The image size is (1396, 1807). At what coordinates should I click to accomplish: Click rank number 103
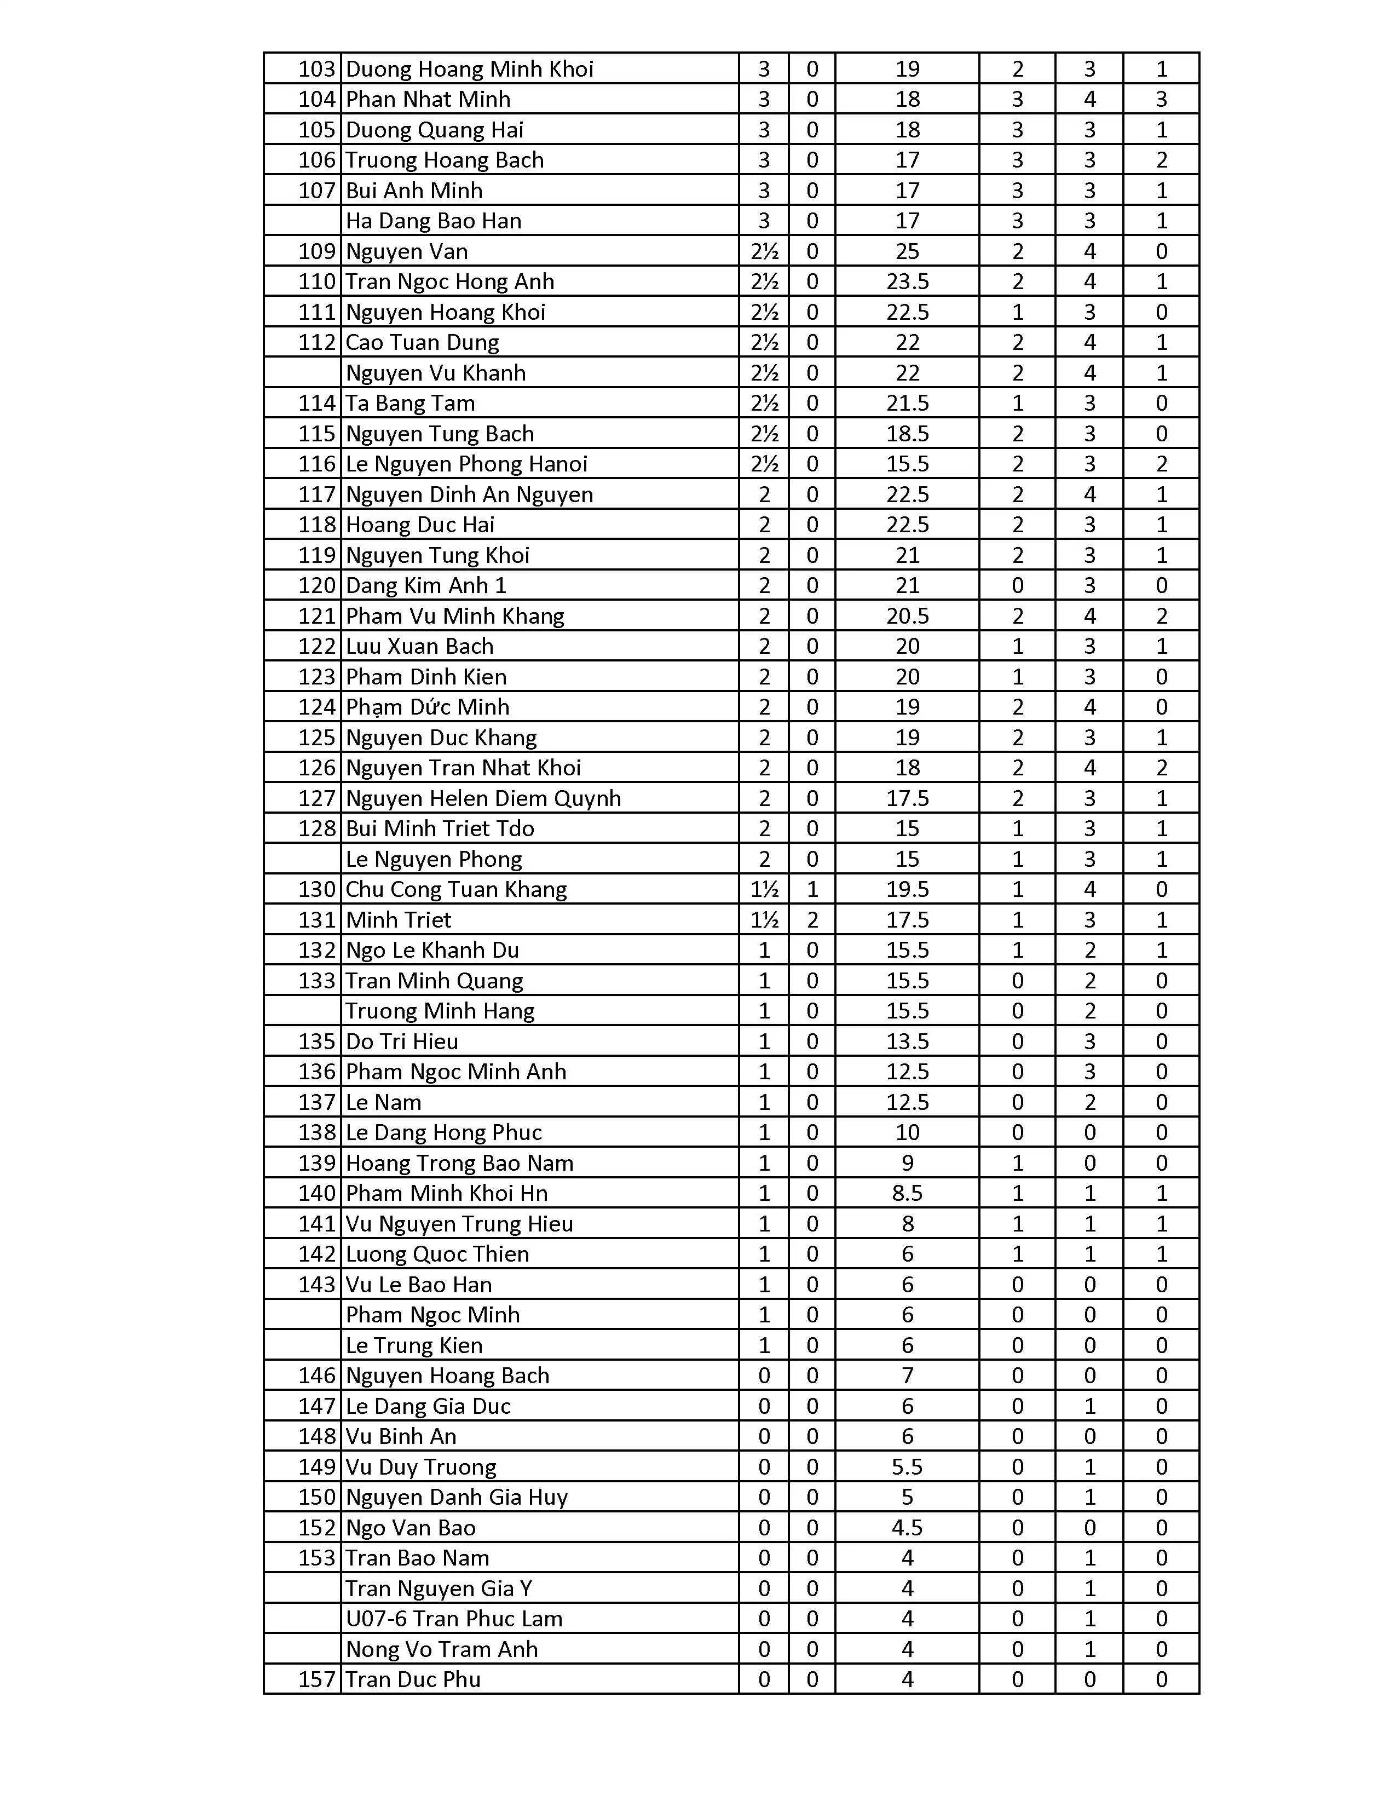click(x=317, y=68)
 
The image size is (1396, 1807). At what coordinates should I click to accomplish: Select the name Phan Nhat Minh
click(x=428, y=99)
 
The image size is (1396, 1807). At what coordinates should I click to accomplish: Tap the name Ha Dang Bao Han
click(x=434, y=221)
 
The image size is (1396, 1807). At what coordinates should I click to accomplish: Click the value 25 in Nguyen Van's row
click(x=907, y=251)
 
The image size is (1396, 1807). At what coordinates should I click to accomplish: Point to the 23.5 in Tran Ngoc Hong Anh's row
click(x=907, y=282)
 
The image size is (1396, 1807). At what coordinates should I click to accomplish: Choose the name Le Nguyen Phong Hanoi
click(x=466, y=464)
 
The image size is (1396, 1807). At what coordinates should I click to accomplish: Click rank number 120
click(x=317, y=586)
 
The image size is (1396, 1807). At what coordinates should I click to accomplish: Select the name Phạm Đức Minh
click(x=428, y=707)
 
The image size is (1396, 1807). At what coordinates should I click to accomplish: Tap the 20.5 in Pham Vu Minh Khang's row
click(x=907, y=617)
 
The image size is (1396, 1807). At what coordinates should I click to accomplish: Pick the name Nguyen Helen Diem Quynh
click(x=483, y=798)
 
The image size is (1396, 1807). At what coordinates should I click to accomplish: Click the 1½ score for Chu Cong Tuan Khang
click(x=764, y=889)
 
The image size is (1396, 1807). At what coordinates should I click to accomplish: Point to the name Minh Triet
click(x=399, y=920)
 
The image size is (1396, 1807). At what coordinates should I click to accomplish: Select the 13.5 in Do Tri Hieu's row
click(x=907, y=1041)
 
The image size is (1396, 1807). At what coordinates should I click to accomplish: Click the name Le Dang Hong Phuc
click(x=443, y=1133)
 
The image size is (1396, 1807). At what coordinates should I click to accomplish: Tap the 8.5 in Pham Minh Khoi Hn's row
click(x=907, y=1193)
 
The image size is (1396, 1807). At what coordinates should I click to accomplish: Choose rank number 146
click(x=317, y=1376)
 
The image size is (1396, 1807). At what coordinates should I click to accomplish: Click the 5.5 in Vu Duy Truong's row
click(x=907, y=1467)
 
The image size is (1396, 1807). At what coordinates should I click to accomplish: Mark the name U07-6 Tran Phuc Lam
click(x=454, y=1619)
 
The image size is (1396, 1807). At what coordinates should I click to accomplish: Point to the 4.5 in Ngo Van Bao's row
click(x=907, y=1528)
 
